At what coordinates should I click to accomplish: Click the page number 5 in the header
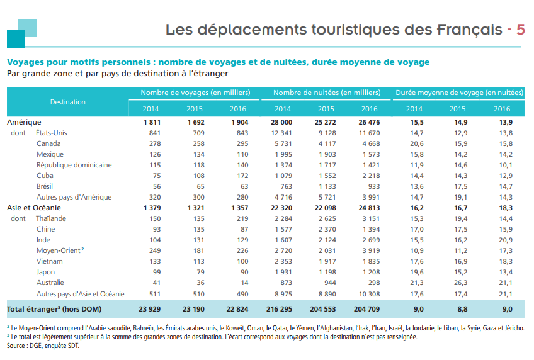coord(520,30)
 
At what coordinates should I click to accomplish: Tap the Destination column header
coord(68,101)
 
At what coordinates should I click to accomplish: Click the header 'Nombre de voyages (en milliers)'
coord(195,93)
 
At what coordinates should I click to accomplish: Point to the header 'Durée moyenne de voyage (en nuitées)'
coord(459,93)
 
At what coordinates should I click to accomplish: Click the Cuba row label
coord(45,176)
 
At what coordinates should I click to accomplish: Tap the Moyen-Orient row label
coord(58,250)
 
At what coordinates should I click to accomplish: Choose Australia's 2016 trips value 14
coord(246,283)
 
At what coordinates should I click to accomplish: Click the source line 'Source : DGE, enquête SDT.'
coord(43,346)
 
